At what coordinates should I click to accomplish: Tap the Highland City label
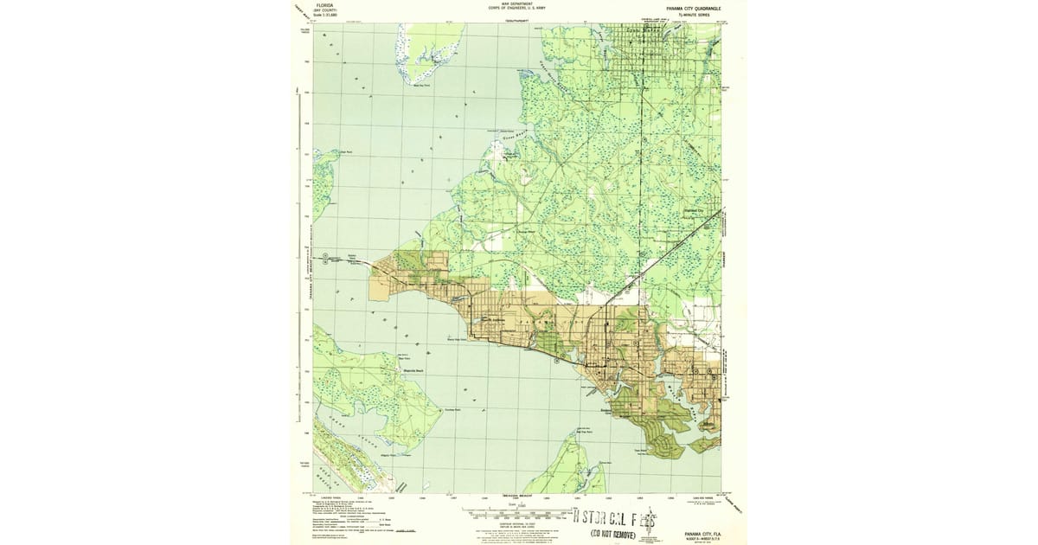click(x=695, y=209)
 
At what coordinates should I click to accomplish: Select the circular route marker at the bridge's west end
click(x=325, y=255)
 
